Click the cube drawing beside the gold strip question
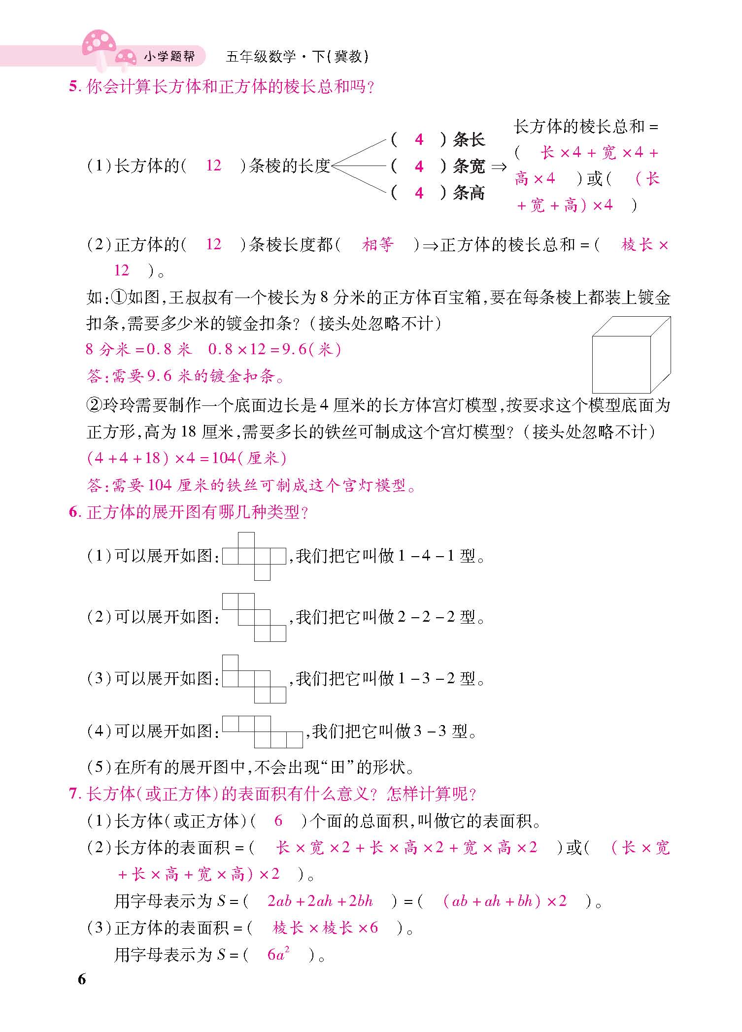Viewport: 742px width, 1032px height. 631,355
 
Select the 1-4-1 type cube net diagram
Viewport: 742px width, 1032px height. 254,556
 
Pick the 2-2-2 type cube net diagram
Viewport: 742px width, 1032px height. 254,617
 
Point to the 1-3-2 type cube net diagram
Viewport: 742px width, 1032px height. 254,679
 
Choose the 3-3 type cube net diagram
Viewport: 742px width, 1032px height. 262,732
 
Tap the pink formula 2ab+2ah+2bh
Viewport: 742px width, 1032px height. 320,901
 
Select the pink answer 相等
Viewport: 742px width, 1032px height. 378,244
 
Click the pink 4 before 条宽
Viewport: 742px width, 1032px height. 419,166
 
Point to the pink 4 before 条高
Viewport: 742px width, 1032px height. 419,193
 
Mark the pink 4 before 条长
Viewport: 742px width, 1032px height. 419,140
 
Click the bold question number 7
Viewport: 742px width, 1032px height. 74,794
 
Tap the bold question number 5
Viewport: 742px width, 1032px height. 74,87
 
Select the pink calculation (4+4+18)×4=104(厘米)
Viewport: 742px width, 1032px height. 186,458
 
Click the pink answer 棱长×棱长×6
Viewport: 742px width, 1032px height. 325,928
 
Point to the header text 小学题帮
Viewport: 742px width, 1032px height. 169,57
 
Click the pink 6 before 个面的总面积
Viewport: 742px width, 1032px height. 278,821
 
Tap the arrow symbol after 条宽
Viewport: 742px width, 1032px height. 499,167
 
